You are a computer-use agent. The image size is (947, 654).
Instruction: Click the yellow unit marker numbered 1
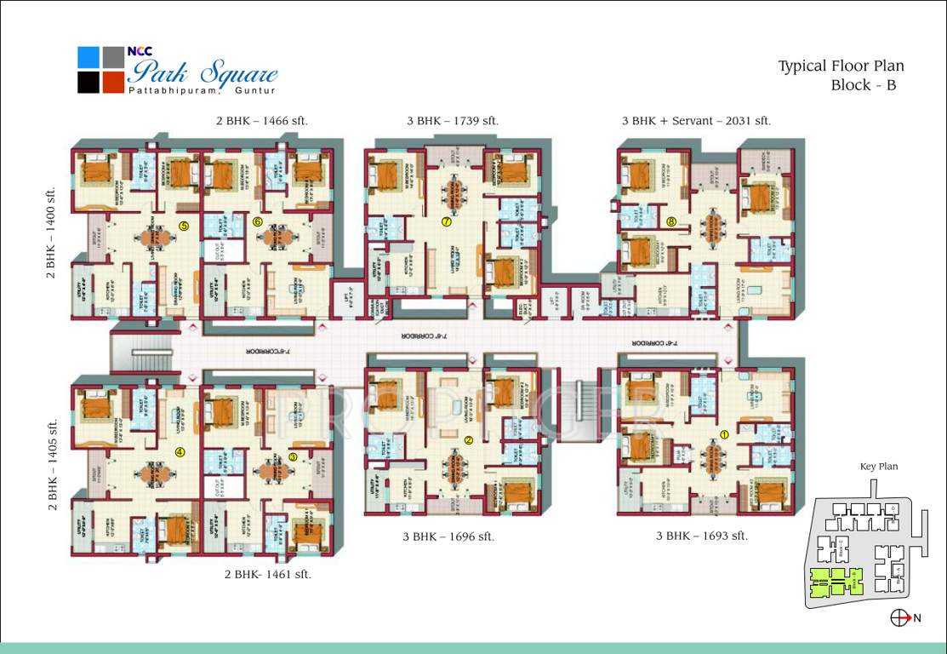coord(724,433)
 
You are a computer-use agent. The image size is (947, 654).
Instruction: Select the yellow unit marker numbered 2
coord(469,440)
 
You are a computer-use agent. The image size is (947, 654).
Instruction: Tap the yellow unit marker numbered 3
coord(294,456)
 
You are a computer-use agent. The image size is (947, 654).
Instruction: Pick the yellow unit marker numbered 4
coord(180,452)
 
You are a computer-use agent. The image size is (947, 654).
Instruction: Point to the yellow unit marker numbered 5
coord(183,225)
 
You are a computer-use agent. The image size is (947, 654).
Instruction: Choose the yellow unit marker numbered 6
coord(258,221)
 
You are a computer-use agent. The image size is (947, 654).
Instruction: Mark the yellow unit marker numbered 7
coord(446,221)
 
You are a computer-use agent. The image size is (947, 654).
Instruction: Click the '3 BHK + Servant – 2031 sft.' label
coord(696,121)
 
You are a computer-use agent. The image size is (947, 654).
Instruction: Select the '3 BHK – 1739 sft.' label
coord(452,121)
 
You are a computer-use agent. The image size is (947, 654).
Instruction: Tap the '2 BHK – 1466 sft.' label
coord(262,121)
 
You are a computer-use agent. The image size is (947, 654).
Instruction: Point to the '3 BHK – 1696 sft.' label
coord(448,536)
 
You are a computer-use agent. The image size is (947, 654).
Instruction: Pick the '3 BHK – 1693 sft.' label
coord(702,536)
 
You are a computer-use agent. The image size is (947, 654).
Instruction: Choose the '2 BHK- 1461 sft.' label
coord(267,574)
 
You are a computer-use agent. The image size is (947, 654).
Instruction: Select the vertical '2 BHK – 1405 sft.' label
coord(53,464)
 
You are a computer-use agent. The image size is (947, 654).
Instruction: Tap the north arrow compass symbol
coord(899,618)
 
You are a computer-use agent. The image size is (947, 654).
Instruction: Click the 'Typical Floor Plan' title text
coord(841,66)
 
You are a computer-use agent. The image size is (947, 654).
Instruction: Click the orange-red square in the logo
coord(113,83)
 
